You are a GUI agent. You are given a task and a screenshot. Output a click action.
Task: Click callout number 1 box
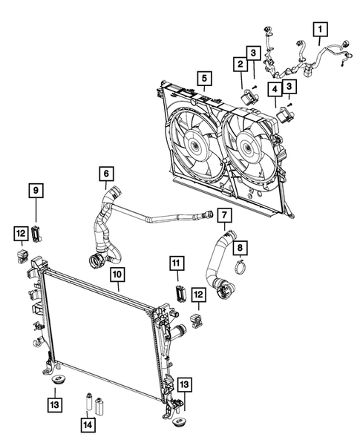(321, 30)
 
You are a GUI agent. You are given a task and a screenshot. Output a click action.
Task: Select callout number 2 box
(240, 65)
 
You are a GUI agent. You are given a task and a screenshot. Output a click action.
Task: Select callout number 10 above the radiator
(116, 275)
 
